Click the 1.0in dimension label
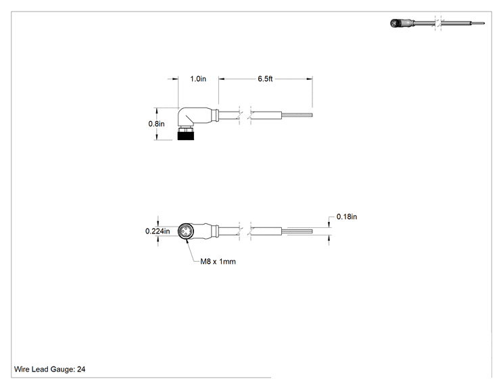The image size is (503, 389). pyautogui.click(x=198, y=79)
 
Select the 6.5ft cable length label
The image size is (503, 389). pyautogui.click(x=265, y=79)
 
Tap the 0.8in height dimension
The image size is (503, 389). pyautogui.click(x=157, y=124)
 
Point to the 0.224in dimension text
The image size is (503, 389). pyautogui.click(x=158, y=231)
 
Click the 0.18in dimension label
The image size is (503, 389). pyautogui.click(x=347, y=216)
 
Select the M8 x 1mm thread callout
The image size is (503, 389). pyautogui.click(x=218, y=262)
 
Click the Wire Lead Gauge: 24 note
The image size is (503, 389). pyautogui.click(x=50, y=369)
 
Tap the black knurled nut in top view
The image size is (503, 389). pyautogui.click(x=186, y=134)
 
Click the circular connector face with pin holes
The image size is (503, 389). pyautogui.click(x=186, y=231)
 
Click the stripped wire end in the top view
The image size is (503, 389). pyautogui.click(x=297, y=115)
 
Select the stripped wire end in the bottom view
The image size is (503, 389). pyautogui.click(x=297, y=231)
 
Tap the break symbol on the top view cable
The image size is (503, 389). pyautogui.click(x=245, y=115)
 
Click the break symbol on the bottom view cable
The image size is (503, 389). pyautogui.click(x=245, y=231)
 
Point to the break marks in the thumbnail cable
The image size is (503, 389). pyautogui.click(x=438, y=23)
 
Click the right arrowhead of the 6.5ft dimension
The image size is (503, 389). pyautogui.click(x=310, y=79)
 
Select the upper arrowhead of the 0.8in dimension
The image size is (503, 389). pyautogui.click(x=157, y=111)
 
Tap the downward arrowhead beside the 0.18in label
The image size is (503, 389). pyautogui.click(x=329, y=225)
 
